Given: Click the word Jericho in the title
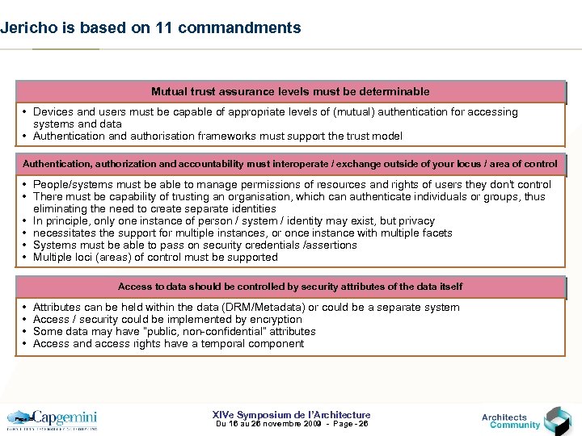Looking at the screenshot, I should (x=25, y=27).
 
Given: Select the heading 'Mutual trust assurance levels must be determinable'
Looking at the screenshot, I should (x=290, y=91).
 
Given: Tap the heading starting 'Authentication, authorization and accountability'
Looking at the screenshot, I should (x=290, y=164).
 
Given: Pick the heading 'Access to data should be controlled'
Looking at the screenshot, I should (x=290, y=287).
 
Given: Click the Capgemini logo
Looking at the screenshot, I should (x=53, y=419).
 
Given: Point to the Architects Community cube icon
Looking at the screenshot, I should (x=557, y=420).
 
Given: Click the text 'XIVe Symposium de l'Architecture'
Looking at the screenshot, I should (x=290, y=414).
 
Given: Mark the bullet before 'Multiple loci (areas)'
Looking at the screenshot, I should (x=26, y=258).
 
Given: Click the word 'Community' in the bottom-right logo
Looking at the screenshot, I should (x=515, y=426).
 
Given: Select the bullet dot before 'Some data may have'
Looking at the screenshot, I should (x=26, y=332).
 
